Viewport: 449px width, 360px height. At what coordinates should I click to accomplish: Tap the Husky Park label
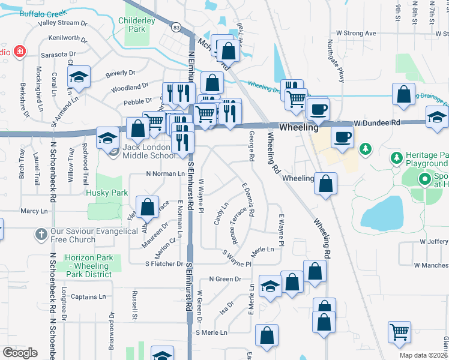click(x=107, y=193)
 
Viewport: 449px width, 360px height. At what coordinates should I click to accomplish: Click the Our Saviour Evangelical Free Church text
click(x=73, y=236)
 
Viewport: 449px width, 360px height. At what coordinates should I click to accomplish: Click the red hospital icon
click(x=20, y=51)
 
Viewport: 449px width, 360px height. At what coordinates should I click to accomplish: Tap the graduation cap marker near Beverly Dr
click(x=79, y=77)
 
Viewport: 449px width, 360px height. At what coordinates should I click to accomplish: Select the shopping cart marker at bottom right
click(x=400, y=332)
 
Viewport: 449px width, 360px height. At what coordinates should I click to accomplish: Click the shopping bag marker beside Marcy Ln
click(x=147, y=208)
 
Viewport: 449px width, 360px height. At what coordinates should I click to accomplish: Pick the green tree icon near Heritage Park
click(x=364, y=148)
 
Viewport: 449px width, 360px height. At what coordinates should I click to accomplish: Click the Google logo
click(x=20, y=353)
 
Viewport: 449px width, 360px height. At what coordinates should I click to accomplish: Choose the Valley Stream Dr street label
click(x=62, y=23)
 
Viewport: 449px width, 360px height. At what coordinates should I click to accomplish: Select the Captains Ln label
click(x=88, y=296)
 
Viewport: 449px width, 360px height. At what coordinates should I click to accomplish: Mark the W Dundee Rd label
click(x=376, y=122)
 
